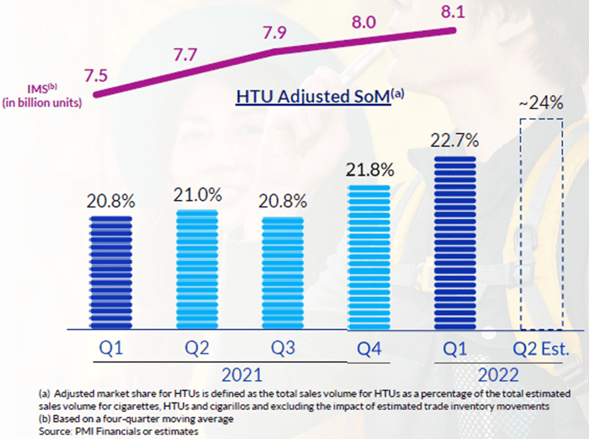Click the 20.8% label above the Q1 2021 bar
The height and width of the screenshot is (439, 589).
[111, 201]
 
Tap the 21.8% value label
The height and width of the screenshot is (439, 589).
[370, 171]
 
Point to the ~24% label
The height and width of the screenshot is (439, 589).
[541, 104]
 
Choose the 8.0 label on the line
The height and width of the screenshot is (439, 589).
[364, 22]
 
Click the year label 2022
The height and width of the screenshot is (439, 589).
[498, 373]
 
